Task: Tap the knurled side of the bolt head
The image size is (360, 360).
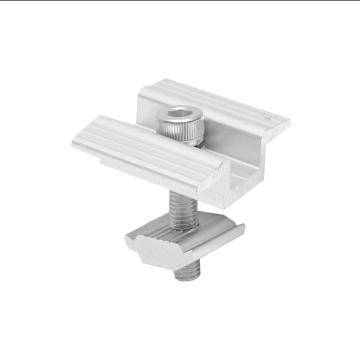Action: click(x=180, y=133)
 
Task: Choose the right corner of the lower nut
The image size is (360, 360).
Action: click(x=243, y=229)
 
